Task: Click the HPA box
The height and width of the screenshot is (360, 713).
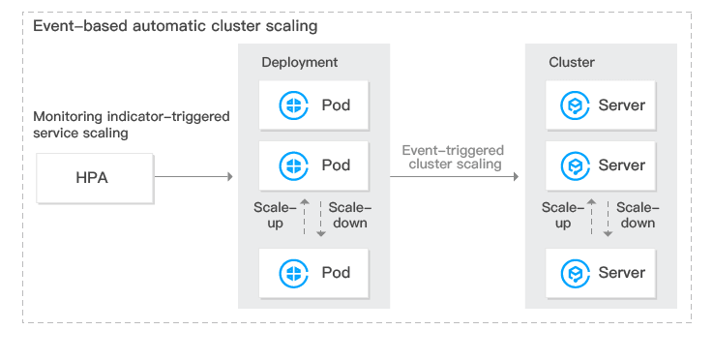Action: pyautogui.click(x=95, y=178)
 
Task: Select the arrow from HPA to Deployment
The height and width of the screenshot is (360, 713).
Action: pyautogui.click(x=193, y=176)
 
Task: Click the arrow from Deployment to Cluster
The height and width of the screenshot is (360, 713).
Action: pyautogui.click(x=455, y=176)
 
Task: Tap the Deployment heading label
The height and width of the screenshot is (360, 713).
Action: pyautogui.click(x=299, y=62)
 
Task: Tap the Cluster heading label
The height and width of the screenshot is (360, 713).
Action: pyautogui.click(x=572, y=62)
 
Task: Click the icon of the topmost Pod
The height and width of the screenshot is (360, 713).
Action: pyautogui.click(x=293, y=105)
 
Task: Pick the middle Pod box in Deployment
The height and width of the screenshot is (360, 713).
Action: pyautogui.click(x=313, y=165)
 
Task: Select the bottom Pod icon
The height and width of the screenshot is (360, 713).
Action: pyautogui.click(x=293, y=273)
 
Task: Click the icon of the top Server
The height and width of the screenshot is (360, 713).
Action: pyautogui.click(x=575, y=105)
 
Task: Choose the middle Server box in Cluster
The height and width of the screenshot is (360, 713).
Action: pyautogui.click(x=601, y=165)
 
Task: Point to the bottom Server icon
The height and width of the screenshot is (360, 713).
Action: pyautogui.click(x=575, y=273)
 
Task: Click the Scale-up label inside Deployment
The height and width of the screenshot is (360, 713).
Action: pyautogui.click(x=275, y=215)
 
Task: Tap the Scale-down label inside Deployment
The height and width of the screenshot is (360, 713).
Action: pyautogui.click(x=349, y=215)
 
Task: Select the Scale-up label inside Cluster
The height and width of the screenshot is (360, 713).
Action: pyautogui.click(x=563, y=215)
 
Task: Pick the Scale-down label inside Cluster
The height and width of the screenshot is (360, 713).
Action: pyautogui.click(x=638, y=215)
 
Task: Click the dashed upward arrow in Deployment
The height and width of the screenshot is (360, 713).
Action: pyautogui.click(x=305, y=217)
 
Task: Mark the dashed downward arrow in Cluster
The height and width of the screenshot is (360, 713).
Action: pyautogui.click(x=608, y=219)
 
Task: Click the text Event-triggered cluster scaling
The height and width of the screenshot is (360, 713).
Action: pyautogui.click(x=454, y=157)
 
